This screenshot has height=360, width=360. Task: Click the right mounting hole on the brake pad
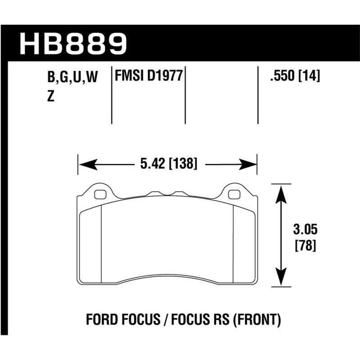coord(234,194)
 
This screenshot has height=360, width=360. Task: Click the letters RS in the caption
coord(218,320)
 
